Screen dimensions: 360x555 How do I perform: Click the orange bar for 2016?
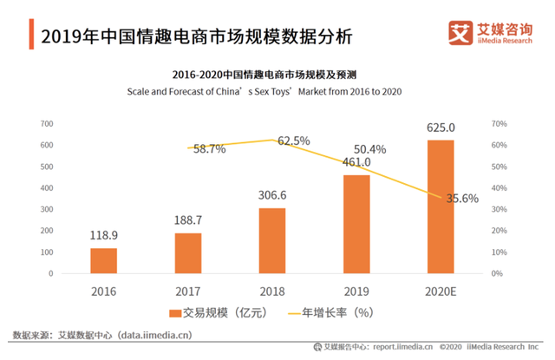tap(103, 260)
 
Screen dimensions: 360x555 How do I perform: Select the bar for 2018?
tap(272, 240)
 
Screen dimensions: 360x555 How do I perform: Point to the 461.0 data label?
tap(356, 161)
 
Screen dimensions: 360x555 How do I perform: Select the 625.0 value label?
tap(441, 128)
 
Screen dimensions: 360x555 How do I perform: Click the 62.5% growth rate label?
tap(293, 141)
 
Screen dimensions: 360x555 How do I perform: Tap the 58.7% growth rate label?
tap(209, 148)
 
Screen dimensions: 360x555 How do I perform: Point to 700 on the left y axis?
tap(46, 124)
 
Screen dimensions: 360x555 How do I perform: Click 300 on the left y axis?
tap(46, 209)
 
